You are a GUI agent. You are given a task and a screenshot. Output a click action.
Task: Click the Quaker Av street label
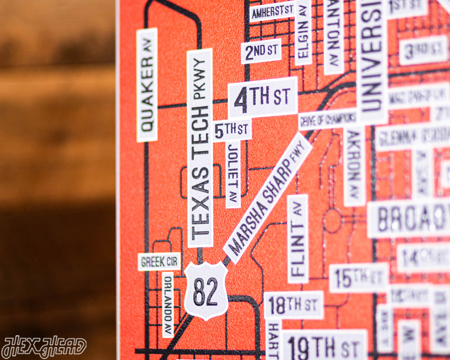pos(147,85)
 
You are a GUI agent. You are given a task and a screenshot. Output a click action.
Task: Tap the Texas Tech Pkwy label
pos(199,147)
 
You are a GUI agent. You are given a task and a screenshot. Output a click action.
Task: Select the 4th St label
pos(262,97)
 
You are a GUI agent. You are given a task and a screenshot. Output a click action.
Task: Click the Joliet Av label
pos(233,174)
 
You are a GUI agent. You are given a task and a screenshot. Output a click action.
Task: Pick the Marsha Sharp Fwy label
pos(267,197)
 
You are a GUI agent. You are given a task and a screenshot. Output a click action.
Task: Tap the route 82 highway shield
pos(206,291)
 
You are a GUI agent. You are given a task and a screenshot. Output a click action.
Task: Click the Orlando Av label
pos(168,304)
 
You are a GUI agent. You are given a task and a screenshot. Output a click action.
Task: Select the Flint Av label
pos(298,238)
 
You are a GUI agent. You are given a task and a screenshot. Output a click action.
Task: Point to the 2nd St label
pos(260,51)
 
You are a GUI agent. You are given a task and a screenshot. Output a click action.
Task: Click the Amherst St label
pos(272,11)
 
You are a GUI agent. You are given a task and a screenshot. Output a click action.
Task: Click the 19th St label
pos(324,346)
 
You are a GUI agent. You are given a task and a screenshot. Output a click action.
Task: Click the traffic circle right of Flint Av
pos(333,221)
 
